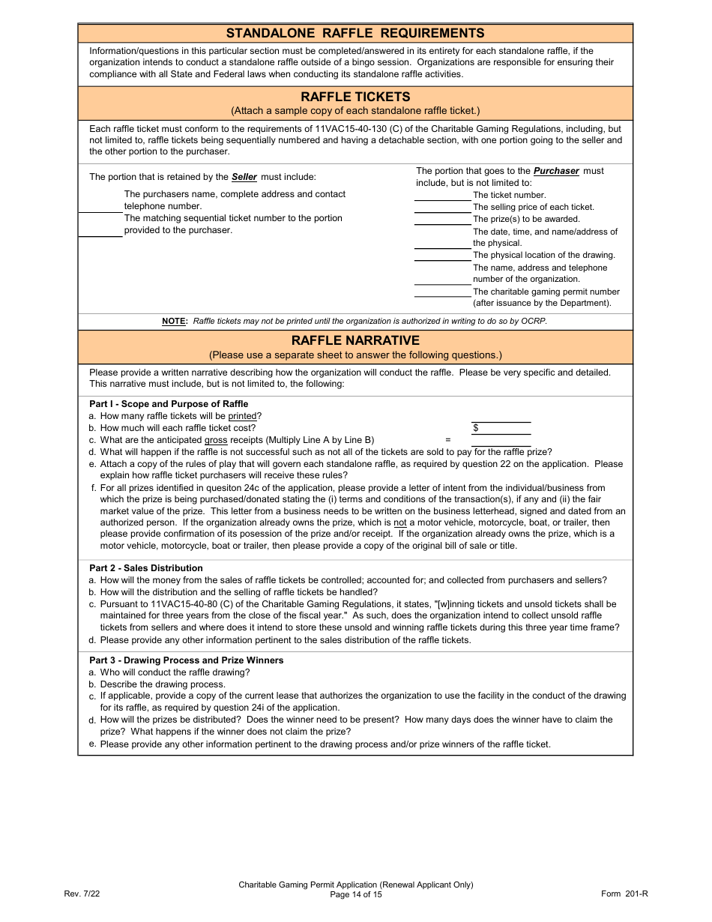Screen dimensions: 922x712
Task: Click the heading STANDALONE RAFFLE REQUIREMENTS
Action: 355,33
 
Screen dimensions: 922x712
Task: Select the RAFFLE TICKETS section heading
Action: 355,97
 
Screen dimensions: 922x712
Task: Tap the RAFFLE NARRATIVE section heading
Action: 355,340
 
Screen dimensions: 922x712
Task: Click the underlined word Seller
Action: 244,177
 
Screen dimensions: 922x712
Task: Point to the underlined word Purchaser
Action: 556,171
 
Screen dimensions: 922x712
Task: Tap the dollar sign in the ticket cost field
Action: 475,428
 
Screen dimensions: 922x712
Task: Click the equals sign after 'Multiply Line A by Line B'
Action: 448,440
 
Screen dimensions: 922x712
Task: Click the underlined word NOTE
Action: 174,321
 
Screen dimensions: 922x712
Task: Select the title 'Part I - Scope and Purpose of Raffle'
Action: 169,404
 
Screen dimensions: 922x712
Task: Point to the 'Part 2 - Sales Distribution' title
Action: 146,568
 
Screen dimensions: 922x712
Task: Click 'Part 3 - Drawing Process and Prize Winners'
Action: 187,660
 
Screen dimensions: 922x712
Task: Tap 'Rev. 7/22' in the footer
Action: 82,894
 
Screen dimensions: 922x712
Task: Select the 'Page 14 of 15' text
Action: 356,894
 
